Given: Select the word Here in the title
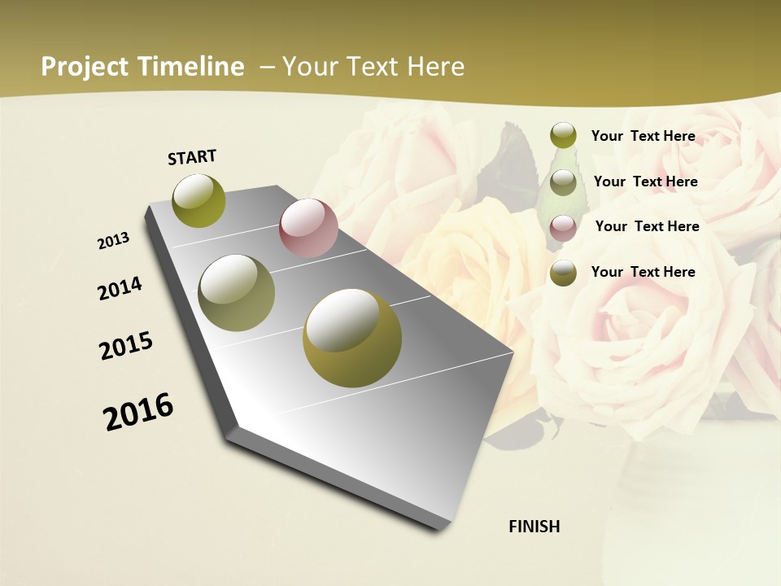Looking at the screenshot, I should pyautogui.click(x=435, y=67).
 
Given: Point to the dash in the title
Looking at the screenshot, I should pyautogui.click(x=267, y=67).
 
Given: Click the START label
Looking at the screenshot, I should pyautogui.click(x=192, y=157).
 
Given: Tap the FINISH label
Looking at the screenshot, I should pyautogui.click(x=534, y=527).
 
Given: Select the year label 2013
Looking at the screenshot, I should pyautogui.click(x=113, y=241).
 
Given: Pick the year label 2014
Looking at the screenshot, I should pyautogui.click(x=120, y=289).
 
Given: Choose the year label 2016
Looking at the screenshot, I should pyautogui.click(x=138, y=412).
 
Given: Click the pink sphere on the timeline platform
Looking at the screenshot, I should pyautogui.click(x=308, y=228).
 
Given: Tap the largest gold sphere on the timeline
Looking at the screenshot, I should pyautogui.click(x=352, y=338).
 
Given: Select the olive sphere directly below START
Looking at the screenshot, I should pyautogui.click(x=199, y=200).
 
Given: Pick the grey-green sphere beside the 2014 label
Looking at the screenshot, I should pyautogui.click(x=237, y=293).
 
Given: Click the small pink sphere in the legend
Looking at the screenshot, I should pyautogui.click(x=563, y=228).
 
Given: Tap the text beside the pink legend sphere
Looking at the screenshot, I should pyautogui.click(x=647, y=226).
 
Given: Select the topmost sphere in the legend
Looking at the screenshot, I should pyautogui.click(x=563, y=136).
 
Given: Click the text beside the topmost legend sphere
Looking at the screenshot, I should pyautogui.click(x=643, y=136).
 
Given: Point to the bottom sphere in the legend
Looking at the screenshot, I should pyautogui.click(x=563, y=273).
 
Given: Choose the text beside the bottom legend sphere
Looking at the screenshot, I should pyautogui.click(x=643, y=272).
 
